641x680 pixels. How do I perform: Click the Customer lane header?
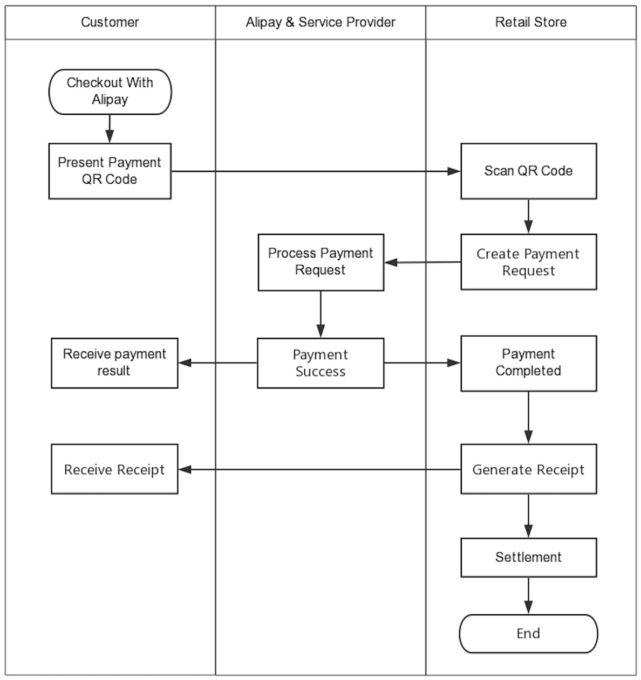110,23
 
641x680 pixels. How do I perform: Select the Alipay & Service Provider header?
320,23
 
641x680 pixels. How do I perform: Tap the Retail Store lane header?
531,23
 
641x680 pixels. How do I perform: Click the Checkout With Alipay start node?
110,92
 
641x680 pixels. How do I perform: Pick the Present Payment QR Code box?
110,171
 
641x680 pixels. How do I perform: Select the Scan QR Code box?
528,171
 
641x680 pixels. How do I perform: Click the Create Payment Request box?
528,262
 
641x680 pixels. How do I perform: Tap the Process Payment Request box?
320,262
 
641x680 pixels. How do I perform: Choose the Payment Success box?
320,363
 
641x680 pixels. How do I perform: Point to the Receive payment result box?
114,363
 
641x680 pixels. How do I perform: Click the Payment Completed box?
528,363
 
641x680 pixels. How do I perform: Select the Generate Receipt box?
528,469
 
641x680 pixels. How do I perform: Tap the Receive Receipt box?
114,469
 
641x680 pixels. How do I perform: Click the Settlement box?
528,557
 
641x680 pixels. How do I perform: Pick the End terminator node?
528,634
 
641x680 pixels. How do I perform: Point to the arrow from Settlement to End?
528,595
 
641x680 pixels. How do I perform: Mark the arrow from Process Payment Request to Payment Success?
320,314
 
